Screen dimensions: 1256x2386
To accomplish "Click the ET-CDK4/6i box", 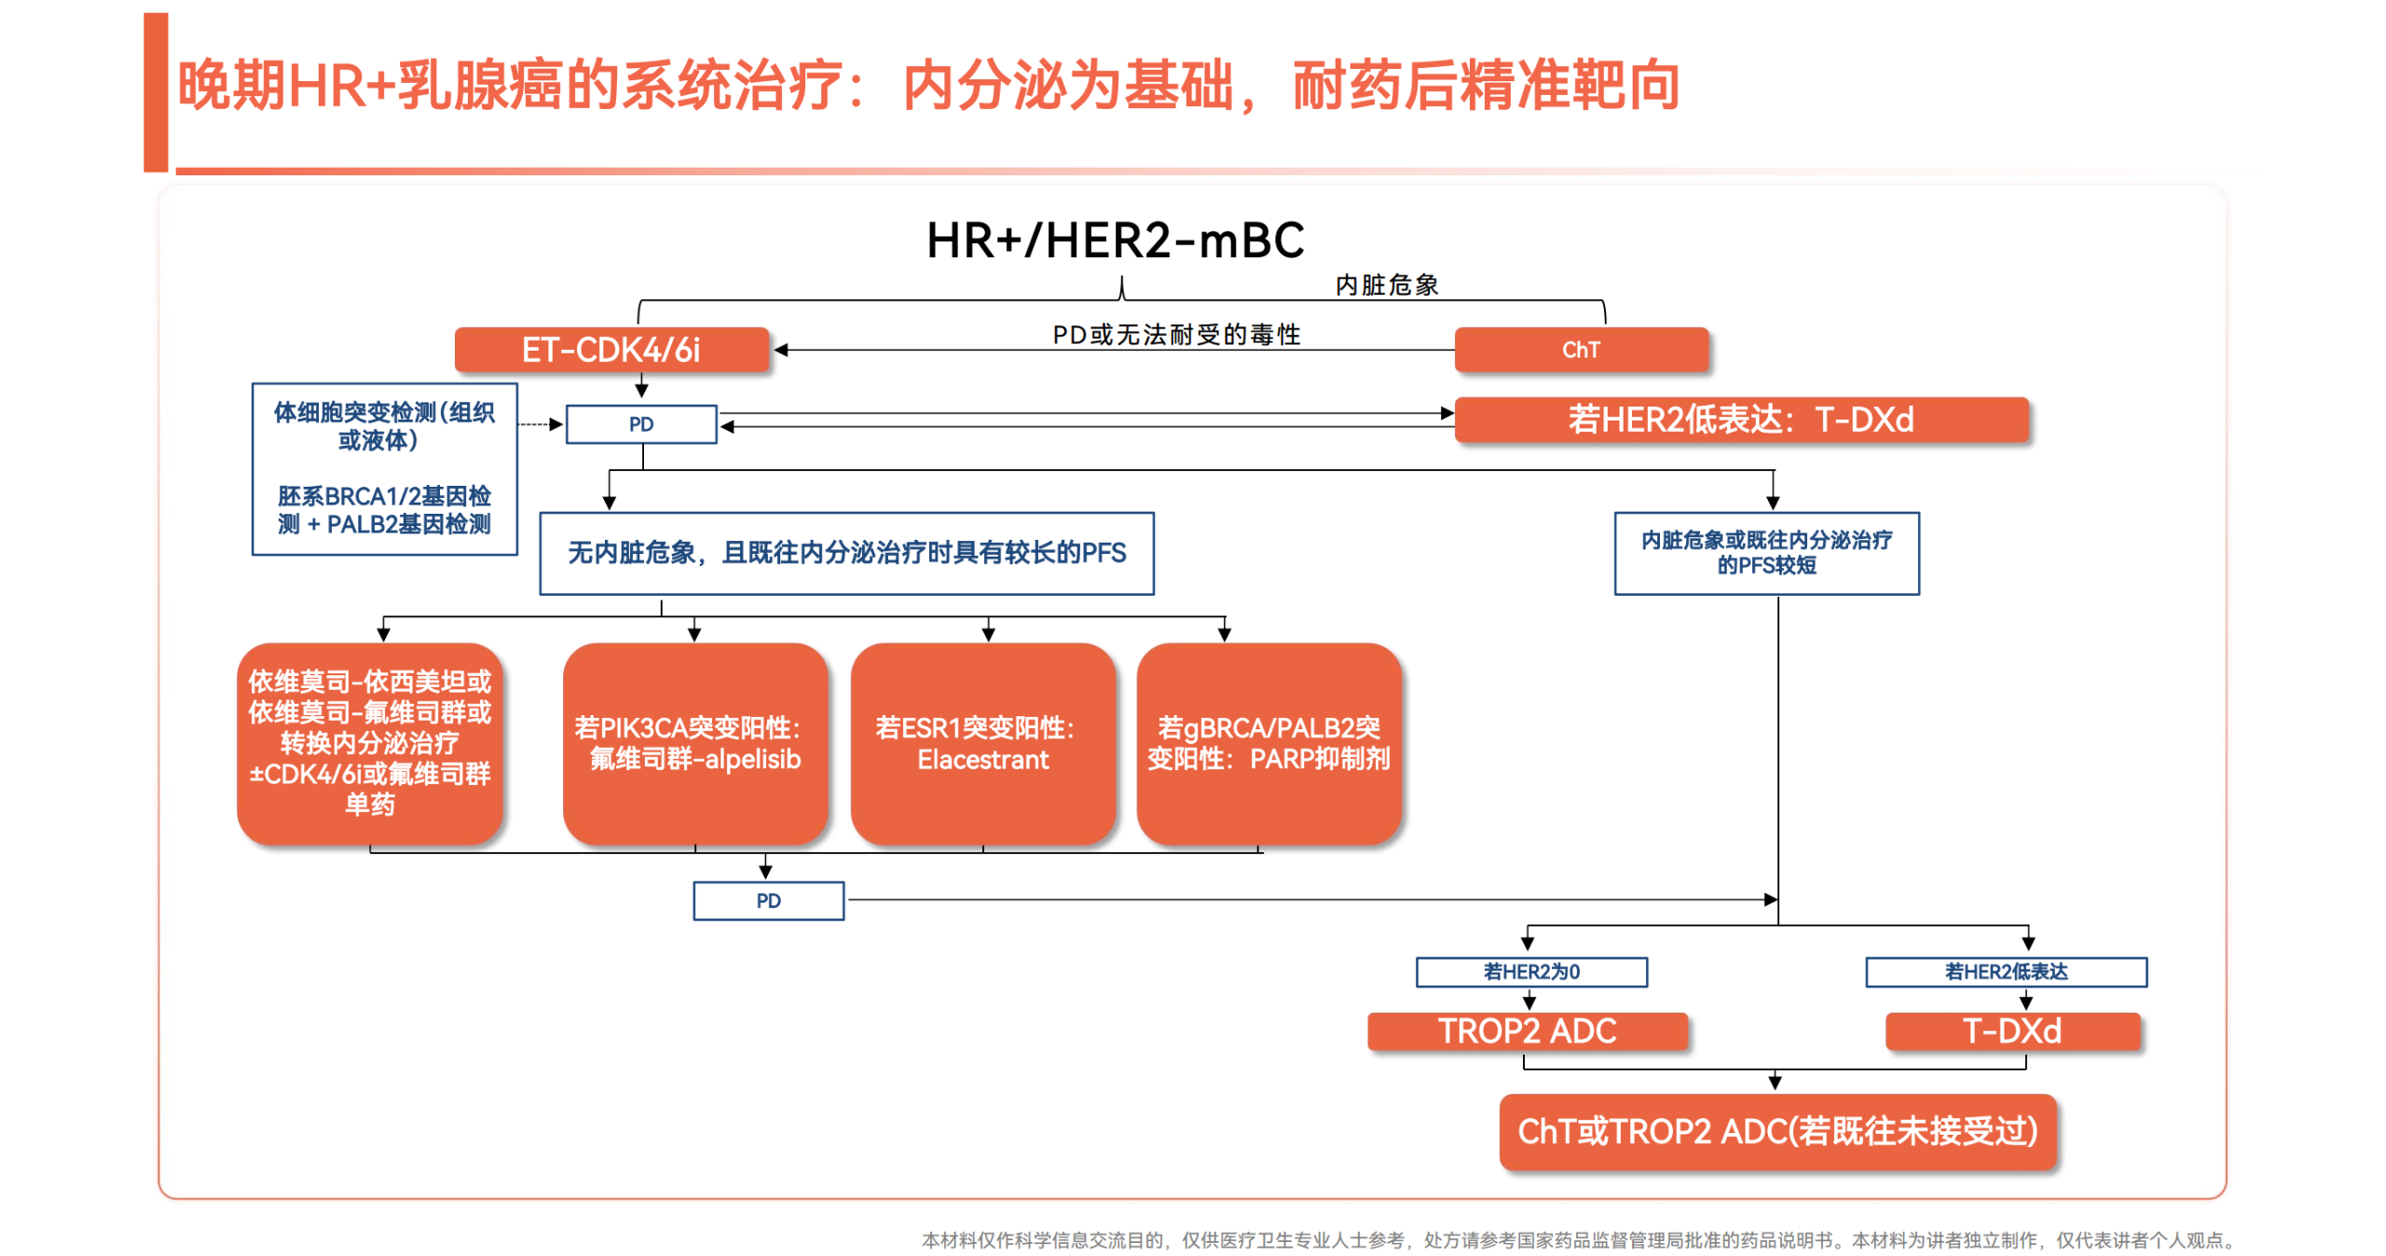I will (x=610, y=350).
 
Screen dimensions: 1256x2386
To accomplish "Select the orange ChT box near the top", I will (x=1580, y=350).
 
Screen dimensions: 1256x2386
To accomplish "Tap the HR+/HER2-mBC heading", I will (x=1115, y=241).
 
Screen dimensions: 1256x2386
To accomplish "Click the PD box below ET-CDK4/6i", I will (x=641, y=424).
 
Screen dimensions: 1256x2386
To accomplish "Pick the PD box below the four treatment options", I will (x=768, y=901).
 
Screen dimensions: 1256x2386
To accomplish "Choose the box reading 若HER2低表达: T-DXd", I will (x=1740, y=420).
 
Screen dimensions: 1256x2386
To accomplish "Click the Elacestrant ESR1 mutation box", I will (x=982, y=743).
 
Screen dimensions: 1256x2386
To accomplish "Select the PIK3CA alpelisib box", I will (x=694, y=743).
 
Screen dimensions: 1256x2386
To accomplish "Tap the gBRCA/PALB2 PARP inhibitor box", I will (x=1268, y=743).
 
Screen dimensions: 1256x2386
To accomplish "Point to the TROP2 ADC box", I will (x=1527, y=1031).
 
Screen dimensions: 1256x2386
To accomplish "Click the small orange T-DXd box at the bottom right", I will (x=2011, y=1031).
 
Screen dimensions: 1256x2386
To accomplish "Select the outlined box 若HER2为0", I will (x=1530, y=972).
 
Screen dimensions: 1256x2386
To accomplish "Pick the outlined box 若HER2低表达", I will (x=2005, y=972).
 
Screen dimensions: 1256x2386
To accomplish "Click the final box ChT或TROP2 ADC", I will (x=1776, y=1131).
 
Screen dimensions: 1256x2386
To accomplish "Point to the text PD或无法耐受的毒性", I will (x=1176, y=334).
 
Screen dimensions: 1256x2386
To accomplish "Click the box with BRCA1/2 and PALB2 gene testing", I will (x=384, y=469).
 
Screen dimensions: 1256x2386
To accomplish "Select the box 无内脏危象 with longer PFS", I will (x=846, y=553).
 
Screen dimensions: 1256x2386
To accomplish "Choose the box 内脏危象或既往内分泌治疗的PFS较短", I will (x=1766, y=553).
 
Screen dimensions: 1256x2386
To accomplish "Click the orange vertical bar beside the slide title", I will (x=156, y=91).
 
